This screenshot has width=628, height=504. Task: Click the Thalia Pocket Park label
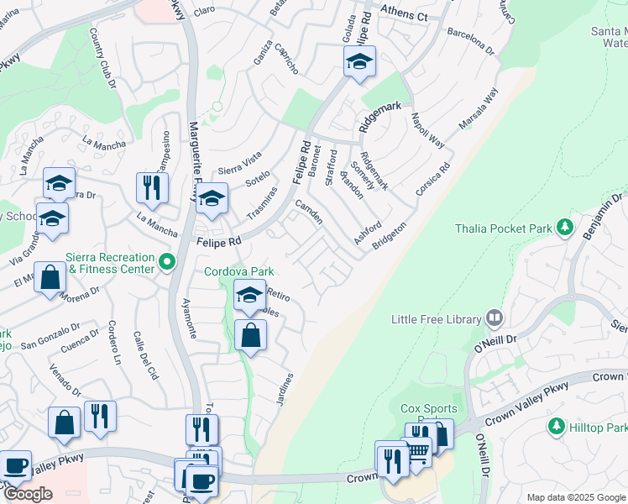click(x=505, y=228)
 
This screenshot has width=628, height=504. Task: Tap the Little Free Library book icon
click(x=495, y=318)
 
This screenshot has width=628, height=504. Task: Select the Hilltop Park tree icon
click(x=555, y=428)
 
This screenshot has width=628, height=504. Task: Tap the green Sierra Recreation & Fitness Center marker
click(x=166, y=263)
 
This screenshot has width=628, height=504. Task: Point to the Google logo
click(x=27, y=494)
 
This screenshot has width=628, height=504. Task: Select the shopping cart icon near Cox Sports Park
click(x=417, y=451)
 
